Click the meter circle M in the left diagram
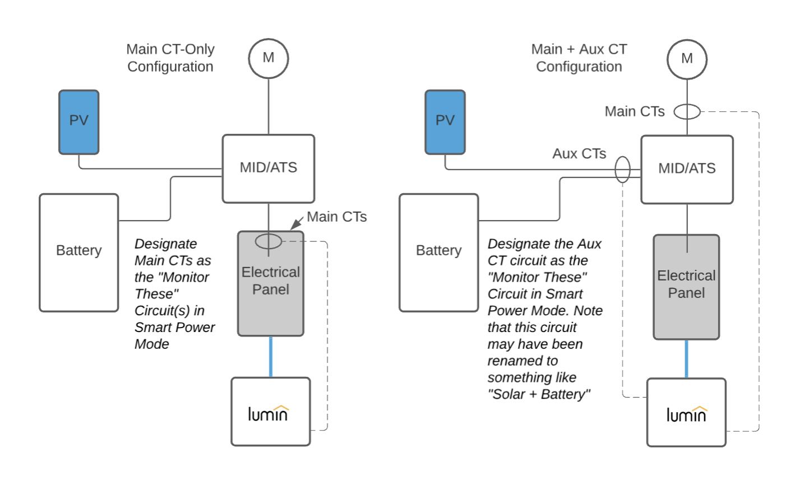[x=269, y=59]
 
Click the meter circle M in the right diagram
[x=687, y=59]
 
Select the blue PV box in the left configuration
[x=79, y=122]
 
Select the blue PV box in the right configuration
[x=445, y=122]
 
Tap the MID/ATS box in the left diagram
[x=269, y=169]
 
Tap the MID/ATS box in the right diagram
[x=687, y=169]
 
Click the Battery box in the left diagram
[x=79, y=253]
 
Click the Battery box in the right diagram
[x=438, y=253]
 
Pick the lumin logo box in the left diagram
[x=271, y=412]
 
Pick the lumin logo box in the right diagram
[x=686, y=412]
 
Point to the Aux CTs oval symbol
[x=622, y=170]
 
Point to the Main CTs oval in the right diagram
[x=687, y=112]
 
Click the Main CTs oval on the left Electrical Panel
[x=269, y=241]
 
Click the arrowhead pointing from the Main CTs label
[x=295, y=225]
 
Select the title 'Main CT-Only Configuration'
[x=170, y=58]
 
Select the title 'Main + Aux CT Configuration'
[x=579, y=58]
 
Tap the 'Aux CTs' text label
[x=579, y=153]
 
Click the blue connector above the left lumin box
[x=271, y=357]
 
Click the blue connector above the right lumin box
[x=686, y=359]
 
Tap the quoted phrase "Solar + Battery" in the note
[x=539, y=394]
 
